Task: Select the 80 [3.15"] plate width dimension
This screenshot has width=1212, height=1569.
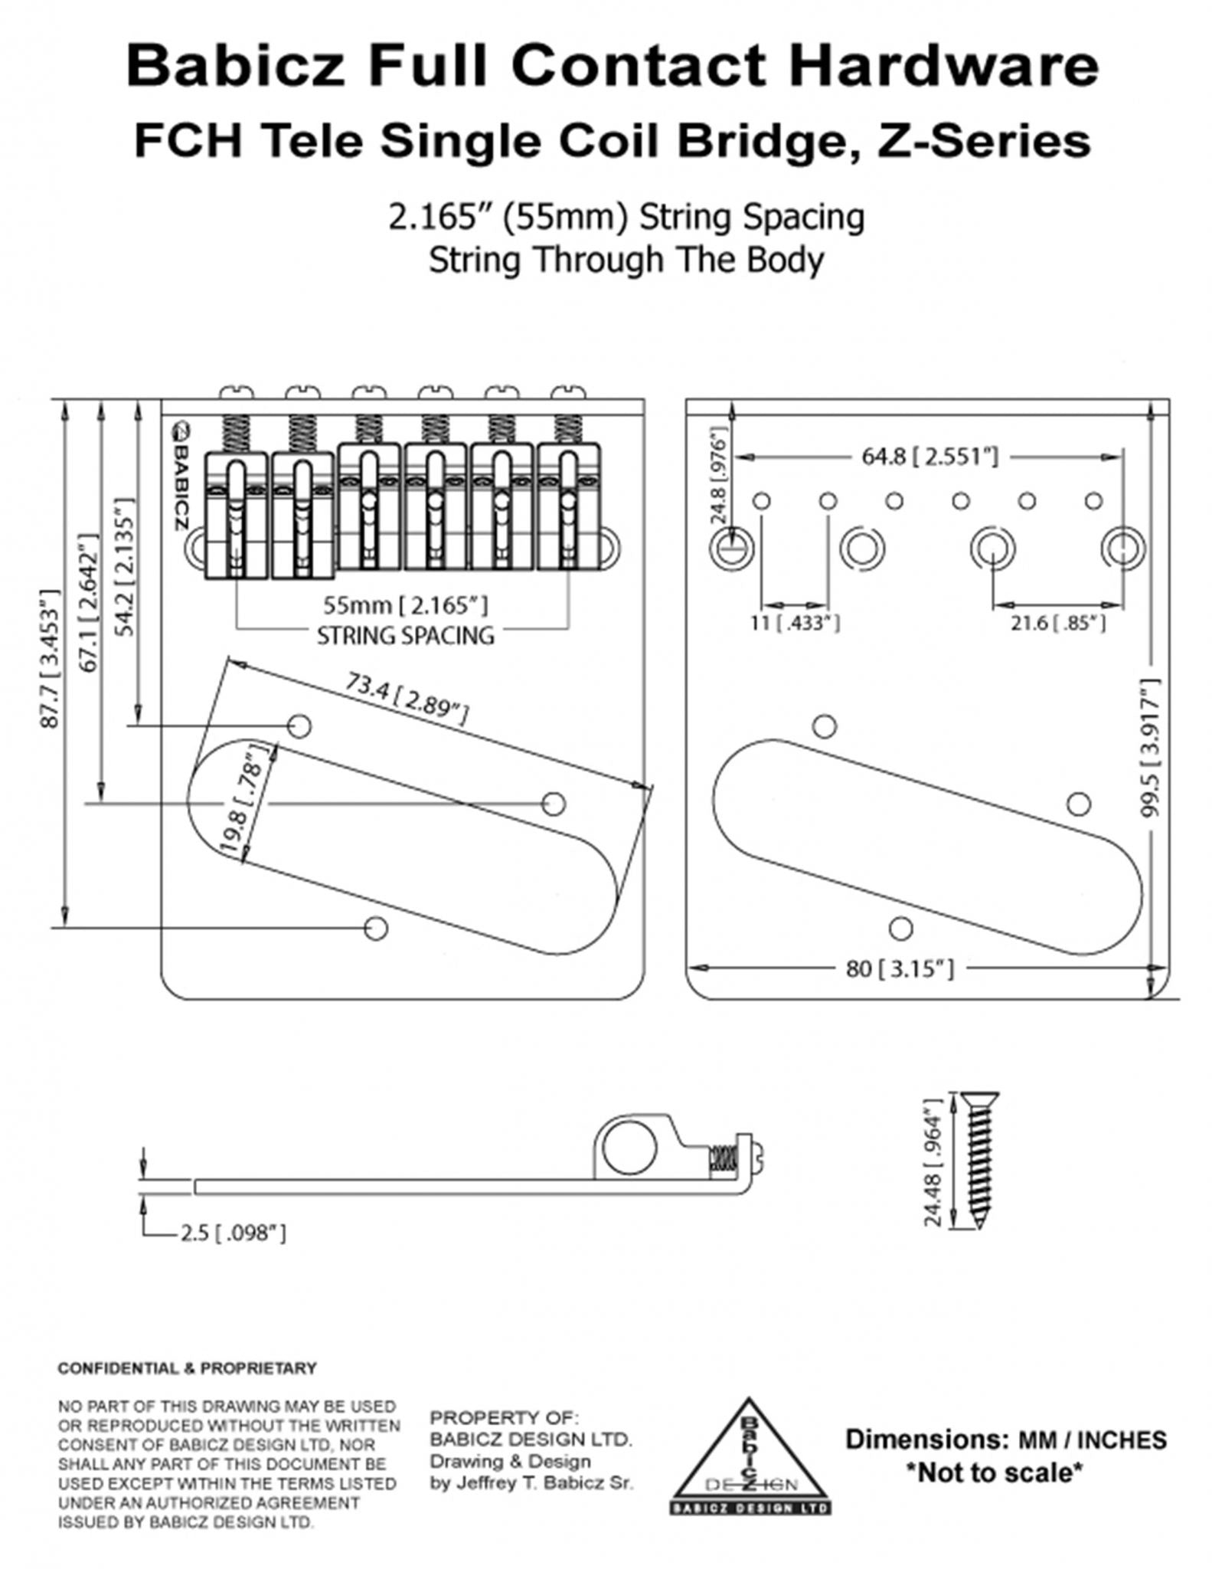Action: click(x=900, y=968)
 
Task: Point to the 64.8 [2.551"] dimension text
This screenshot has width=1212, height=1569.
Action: click(x=929, y=457)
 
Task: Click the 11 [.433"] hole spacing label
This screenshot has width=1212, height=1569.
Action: click(x=795, y=623)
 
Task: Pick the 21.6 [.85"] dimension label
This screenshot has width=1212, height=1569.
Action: click(x=1057, y=623)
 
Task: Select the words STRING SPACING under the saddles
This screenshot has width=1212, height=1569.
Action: click(x=406, y=636)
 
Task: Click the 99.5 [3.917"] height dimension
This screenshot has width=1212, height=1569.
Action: click(x=1151, y=747)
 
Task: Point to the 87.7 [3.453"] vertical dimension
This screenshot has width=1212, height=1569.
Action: click(x=49, y=659)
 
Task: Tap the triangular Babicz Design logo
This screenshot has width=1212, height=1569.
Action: click(x=750, y=1459)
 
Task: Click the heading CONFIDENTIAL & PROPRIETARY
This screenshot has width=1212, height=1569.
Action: click(x=187, y=1368)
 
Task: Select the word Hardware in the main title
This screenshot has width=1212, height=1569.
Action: click(x=944, y=66)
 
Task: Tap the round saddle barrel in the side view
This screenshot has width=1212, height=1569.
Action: click(x=629, y=1151)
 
